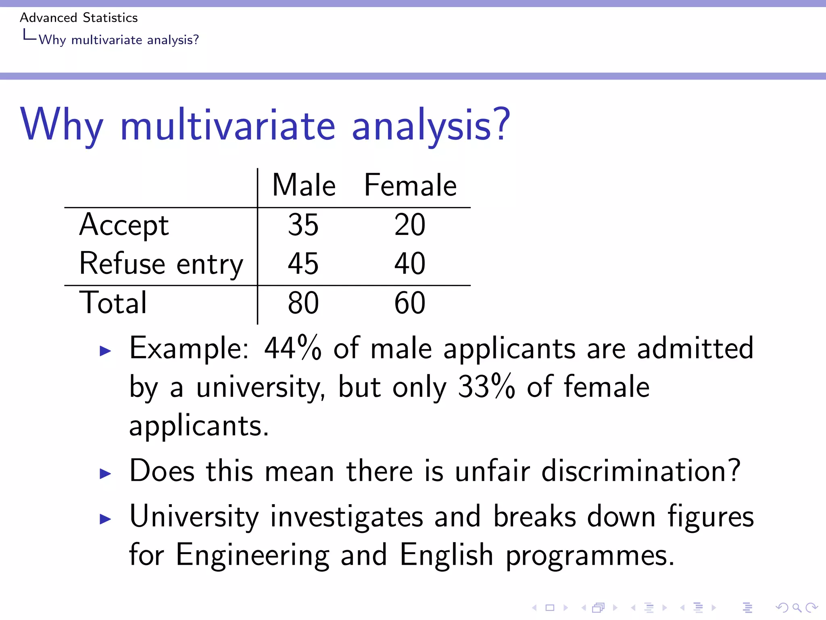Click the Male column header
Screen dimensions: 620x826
[x=304, y=185]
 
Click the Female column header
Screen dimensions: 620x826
[x=410, y=185]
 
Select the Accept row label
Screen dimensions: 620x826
[x=124, y=225]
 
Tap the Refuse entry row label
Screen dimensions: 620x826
[x=161, y=264]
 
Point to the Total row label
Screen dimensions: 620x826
[x=113, y=303]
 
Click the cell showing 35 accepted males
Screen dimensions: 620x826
[x=303, y=225]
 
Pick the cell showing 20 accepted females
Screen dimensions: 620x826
[x=410, y=225]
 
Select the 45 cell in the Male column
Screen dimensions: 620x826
[x=303, y=264]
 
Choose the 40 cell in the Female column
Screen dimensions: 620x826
[x=410, y=264]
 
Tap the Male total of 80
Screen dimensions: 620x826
[x=303, y=303]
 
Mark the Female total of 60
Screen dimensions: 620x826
[x=410, y=303]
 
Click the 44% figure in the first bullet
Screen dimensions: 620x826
[x=293, y=348]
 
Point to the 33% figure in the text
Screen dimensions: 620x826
[x=486, y=387]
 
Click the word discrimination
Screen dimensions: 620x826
[x=640, y=471]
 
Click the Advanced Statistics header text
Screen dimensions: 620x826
[x=79, y=18]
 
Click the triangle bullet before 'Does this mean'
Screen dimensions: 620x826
[x=105, y=473]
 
